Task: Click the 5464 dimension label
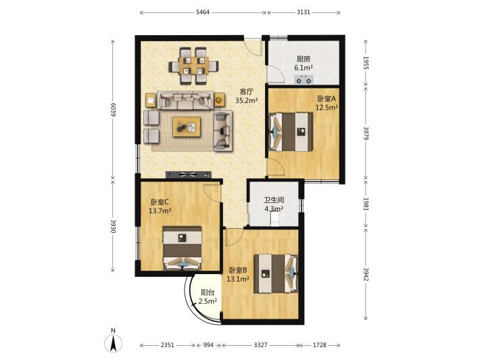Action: point(203,12)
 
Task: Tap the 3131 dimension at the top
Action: point(304,12)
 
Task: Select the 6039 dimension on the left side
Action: point(114,109)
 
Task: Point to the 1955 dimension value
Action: point(366,62)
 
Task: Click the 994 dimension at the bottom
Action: point(208,345)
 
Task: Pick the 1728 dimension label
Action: point(319,345)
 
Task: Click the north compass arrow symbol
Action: point(114,343)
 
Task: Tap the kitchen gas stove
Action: point(304,79)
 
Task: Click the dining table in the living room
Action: point(194,66)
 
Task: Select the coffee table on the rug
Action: point(187,127)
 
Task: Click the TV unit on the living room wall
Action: point(189,175)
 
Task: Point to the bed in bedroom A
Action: point(291,132)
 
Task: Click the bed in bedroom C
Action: point(183,248)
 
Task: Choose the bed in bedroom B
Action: point(276,273)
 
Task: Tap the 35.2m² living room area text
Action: point(247,100)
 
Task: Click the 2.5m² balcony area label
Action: point(208,301)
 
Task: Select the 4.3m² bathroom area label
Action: point(274,209)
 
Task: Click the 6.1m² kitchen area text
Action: point(304,68)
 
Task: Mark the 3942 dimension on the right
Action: point(366,274)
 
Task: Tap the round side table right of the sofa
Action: point(220,99)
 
